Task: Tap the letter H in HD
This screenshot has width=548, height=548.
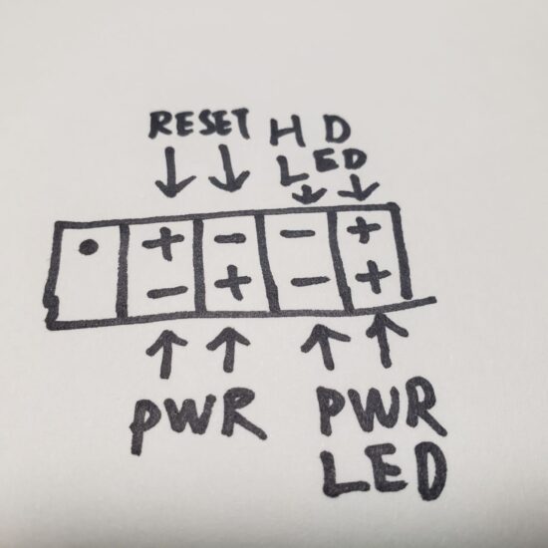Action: (287, 132)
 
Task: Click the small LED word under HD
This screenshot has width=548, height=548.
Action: (323, 166)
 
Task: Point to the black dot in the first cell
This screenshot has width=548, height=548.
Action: (88, 247)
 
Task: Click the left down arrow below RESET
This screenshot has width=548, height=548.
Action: (172, 172)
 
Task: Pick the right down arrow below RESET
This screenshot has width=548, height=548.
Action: (228, 168)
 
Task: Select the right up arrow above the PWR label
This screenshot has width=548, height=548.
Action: (229, 350)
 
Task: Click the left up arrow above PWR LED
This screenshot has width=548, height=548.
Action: (325, 346)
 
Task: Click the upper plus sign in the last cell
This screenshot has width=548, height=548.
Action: (364, 229)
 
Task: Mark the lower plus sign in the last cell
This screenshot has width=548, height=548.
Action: (373, 277)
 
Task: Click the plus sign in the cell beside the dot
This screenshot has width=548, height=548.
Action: (162, 242)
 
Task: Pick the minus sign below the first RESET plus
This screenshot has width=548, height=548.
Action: (167, 292)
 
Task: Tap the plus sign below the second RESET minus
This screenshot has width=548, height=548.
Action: (233, 282)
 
